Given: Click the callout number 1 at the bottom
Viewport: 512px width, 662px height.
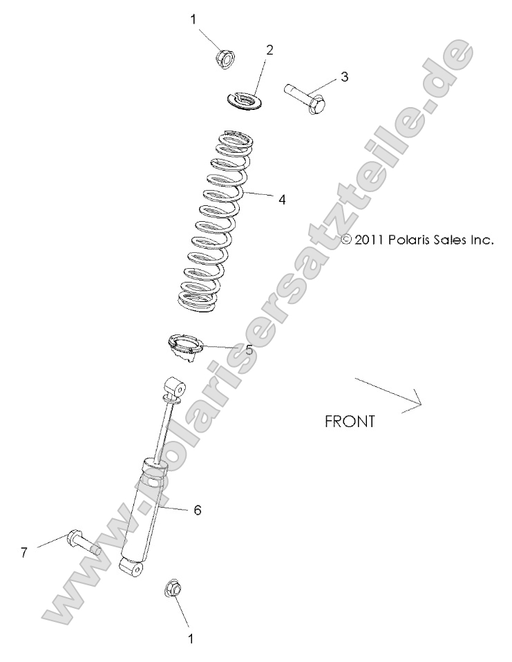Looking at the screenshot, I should click(191, 639).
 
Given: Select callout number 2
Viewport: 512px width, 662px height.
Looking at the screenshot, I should click(269, 50).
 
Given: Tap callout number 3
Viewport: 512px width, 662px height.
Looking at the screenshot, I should click(344, 77).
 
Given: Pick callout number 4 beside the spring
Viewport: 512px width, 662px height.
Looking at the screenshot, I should click(281, 200).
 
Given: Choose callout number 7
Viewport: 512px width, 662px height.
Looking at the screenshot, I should click(24, 552).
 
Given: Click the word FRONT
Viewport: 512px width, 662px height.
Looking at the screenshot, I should click(350, 421).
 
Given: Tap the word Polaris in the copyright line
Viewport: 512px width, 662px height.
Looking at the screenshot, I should click(412, 240).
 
